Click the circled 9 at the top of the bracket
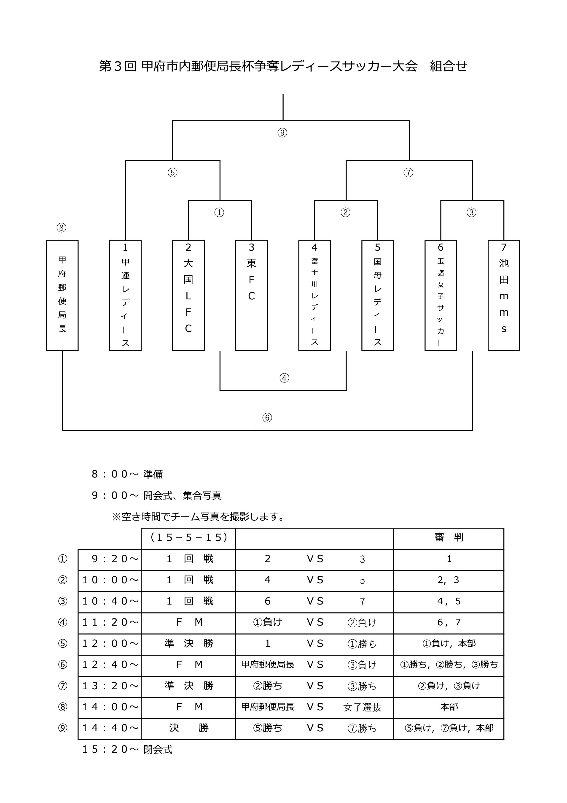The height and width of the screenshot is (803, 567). [282, 133]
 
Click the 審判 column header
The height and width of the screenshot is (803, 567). [449, 537]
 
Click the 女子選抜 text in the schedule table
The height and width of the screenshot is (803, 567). [362, 708]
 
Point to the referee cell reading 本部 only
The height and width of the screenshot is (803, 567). [449, 707]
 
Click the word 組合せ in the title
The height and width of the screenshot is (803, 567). [448, 66]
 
